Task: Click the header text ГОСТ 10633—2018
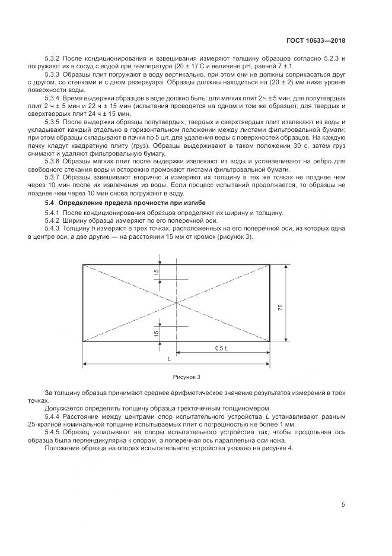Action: [x=315, y=41]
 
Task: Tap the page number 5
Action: [x=343, y=505]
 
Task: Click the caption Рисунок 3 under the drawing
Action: [x=187, y=377]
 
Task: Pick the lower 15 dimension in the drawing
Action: [x=157, y=334]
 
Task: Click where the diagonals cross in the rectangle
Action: [x=177, y=303]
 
